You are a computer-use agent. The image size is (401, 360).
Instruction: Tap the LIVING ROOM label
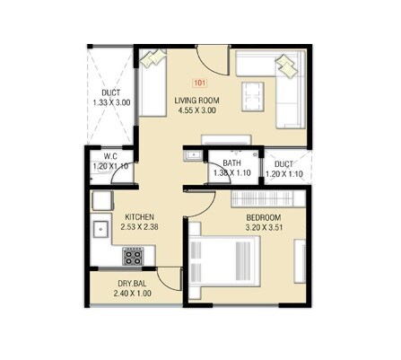[x=198, y=101]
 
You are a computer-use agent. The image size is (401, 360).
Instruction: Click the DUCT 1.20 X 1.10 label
[x=283, y=170]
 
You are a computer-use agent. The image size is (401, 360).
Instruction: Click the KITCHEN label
[x=140, y=216]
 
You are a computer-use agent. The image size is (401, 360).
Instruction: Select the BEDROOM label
[x=264, y=218]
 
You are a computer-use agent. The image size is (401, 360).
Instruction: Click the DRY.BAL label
[x=131, y=282]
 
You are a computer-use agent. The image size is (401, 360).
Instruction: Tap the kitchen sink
[x=100, y=230]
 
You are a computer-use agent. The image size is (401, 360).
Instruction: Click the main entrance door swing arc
[x=212, y=63]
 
